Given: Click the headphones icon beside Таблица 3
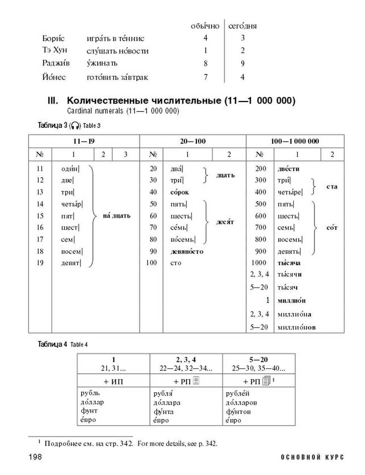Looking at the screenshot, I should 75,126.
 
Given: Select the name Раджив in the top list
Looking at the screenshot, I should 56,63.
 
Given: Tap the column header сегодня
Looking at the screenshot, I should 242,26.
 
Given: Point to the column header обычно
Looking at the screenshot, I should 205,26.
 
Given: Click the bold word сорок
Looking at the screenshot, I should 180,192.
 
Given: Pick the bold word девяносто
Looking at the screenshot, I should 187,251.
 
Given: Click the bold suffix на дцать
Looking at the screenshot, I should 116,216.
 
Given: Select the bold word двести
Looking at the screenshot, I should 288,169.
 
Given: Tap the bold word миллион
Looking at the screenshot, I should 291,301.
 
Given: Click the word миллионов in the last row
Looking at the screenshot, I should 296,327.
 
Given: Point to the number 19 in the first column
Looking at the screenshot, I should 40,263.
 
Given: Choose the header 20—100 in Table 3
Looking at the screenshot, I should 193,141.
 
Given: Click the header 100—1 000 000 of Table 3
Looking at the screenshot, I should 295,141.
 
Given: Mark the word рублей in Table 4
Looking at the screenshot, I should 238,394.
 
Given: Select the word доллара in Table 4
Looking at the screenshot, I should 167,403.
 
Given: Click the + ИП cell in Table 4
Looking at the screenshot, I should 113,381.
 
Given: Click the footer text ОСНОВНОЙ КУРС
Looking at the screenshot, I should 312,457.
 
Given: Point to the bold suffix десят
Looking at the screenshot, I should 225,222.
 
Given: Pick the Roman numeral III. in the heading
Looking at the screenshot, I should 53,101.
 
